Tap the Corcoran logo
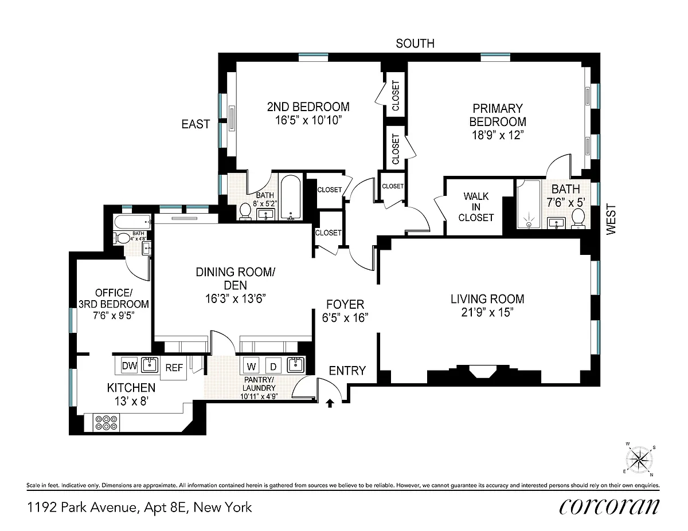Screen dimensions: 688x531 609,506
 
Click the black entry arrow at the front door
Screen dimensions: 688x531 330,403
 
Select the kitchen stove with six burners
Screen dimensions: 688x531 106,423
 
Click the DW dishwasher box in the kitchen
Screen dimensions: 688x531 130,365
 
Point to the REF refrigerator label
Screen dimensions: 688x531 174,368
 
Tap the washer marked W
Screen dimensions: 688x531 251,366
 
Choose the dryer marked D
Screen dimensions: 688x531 273,366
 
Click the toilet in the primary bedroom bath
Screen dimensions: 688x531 578,218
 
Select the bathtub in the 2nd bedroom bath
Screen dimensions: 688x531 290,198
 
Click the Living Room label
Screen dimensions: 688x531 487,299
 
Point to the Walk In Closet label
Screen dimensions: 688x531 476,207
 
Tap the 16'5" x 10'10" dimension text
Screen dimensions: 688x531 308,120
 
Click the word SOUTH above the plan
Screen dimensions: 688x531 415,44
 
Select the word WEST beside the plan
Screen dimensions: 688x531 611,219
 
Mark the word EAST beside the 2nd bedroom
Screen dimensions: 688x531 196,124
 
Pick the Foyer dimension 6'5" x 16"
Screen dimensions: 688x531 345,317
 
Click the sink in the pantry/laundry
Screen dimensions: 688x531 296,365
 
